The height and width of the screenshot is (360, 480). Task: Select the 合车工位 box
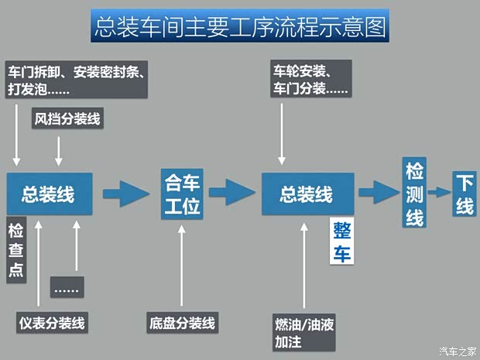tap(183, 194)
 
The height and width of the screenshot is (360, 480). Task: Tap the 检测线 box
tap(414, 194)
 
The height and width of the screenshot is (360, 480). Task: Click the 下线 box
tap(464, 194)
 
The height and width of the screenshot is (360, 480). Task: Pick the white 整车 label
tap(341, 242)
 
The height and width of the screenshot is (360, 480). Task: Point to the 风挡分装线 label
tap(67, 119)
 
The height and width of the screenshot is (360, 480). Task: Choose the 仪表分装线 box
tap(53, 321)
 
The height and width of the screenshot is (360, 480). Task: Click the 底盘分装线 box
tap(183, 321)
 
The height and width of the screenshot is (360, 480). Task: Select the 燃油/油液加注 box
tap(303, 331)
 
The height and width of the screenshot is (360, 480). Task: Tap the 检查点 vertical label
tap(15, 249)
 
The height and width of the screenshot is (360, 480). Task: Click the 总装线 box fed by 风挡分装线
tap(50, 194)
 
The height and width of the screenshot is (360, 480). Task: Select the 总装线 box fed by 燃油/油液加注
tap(307, 194)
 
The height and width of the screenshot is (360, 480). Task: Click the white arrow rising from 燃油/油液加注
tap(303, 263)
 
